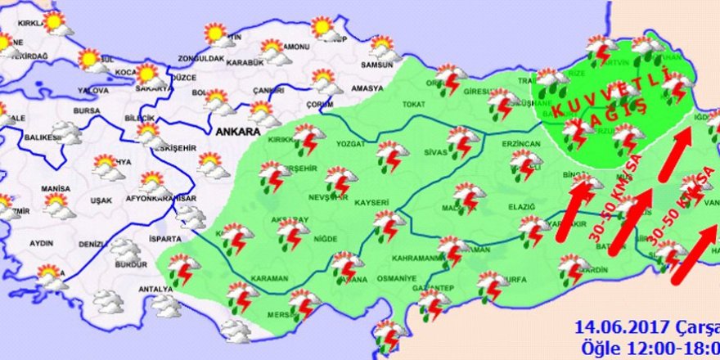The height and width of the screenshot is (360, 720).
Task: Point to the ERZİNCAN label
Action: point(523,144)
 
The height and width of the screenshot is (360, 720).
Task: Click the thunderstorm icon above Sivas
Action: point(461,142)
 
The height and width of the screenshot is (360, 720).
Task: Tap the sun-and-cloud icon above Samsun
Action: point(381,47)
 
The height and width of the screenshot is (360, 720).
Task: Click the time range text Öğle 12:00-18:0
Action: point(650,347)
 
